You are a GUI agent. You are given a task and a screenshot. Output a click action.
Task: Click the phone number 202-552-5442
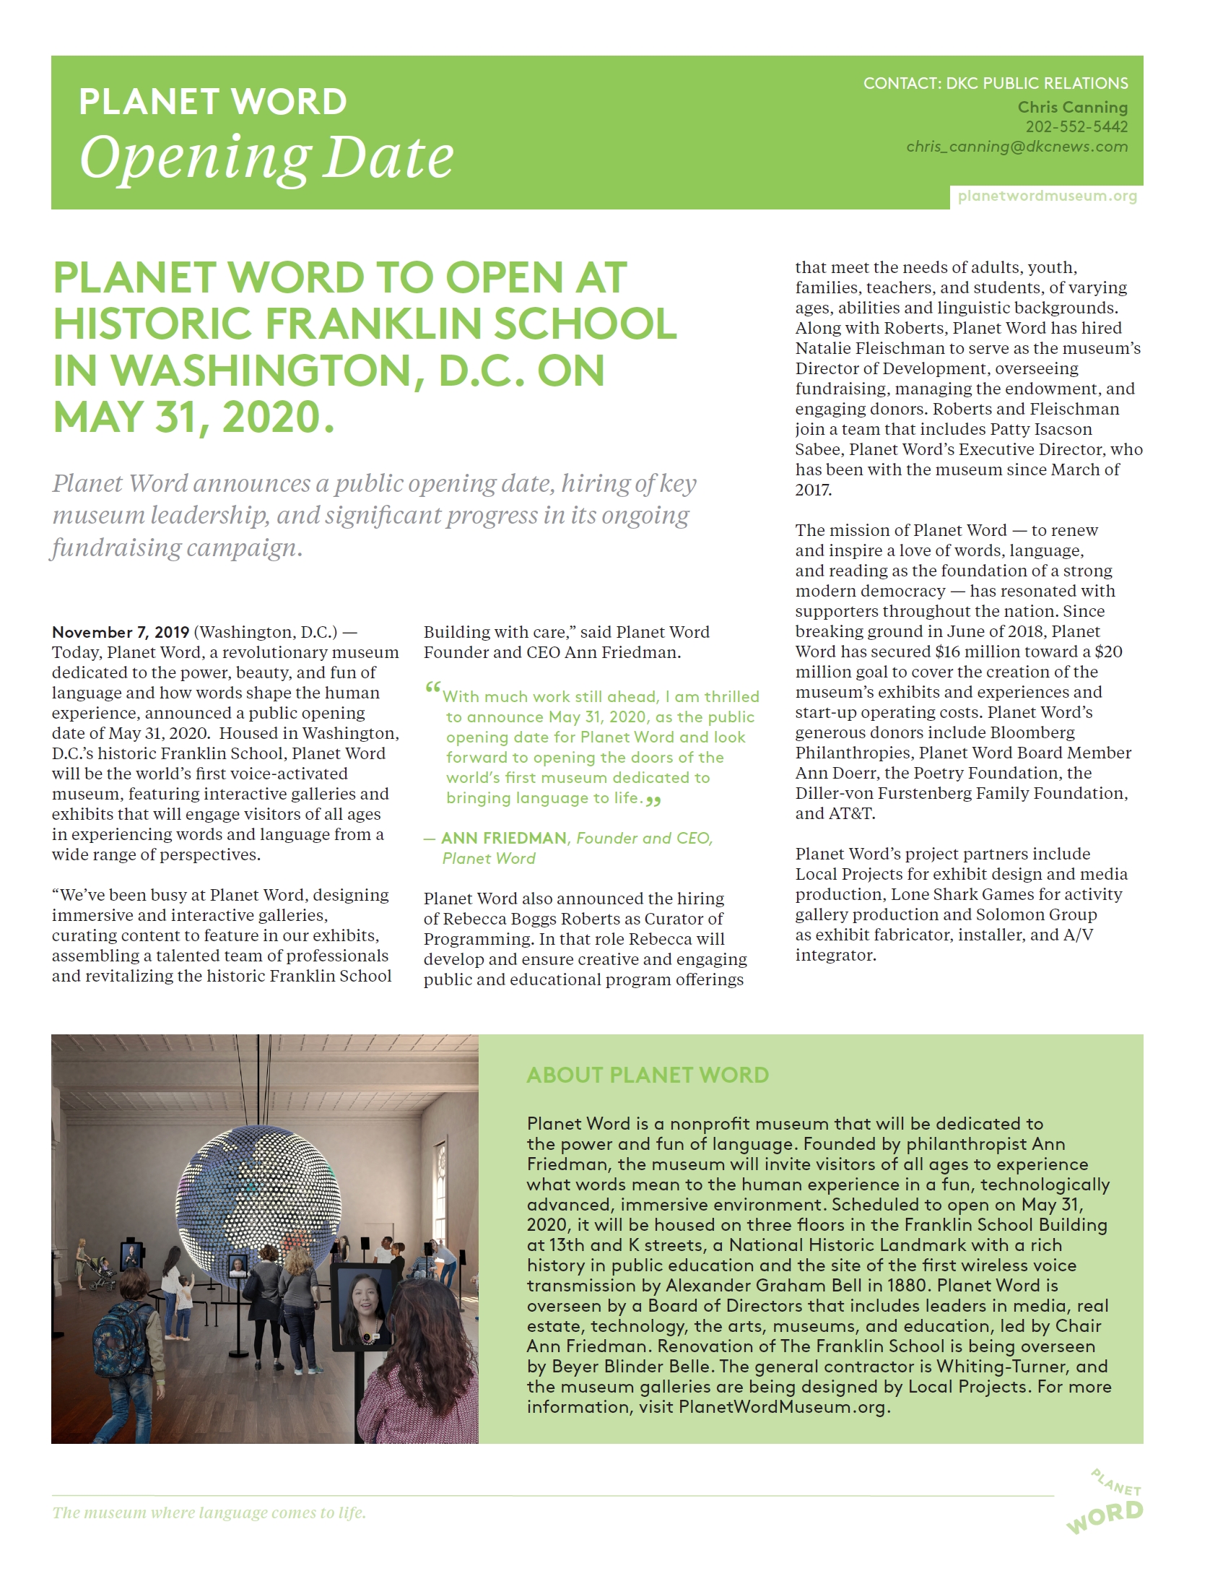1076,127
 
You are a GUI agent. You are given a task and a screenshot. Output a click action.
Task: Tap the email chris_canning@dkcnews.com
1017,147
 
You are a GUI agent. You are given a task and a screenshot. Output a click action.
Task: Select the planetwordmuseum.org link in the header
1047,196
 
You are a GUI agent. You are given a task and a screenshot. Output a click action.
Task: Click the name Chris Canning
1072,107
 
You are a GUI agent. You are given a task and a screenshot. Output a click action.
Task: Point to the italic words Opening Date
266,157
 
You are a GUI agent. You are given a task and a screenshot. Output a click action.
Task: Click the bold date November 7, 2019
121,633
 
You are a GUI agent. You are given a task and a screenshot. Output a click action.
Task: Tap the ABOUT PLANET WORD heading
648,1075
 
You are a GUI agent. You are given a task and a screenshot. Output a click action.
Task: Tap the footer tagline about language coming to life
209,1512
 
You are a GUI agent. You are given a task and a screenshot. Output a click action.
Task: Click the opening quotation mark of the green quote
432,689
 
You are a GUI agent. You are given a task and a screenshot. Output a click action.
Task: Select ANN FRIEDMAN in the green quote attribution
504,838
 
